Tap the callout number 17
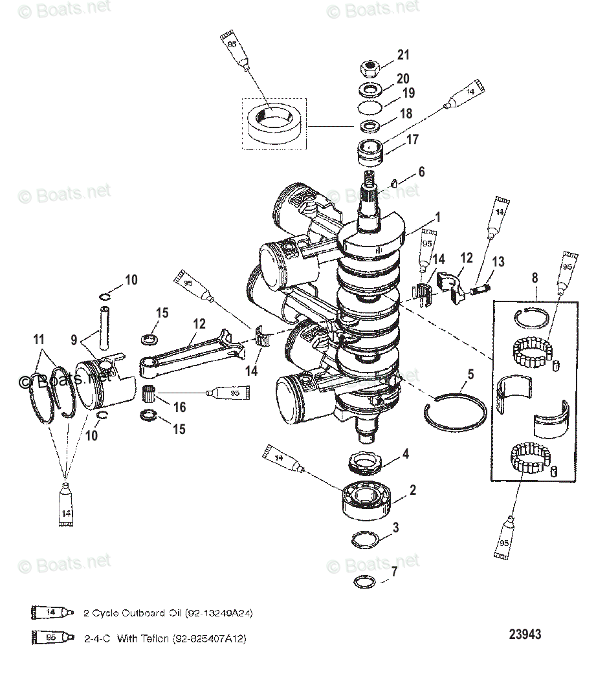tap(412, 139)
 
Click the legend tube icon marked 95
tap(49, 638)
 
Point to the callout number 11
tap(39, 338)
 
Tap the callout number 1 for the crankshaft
tap(437, 218)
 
